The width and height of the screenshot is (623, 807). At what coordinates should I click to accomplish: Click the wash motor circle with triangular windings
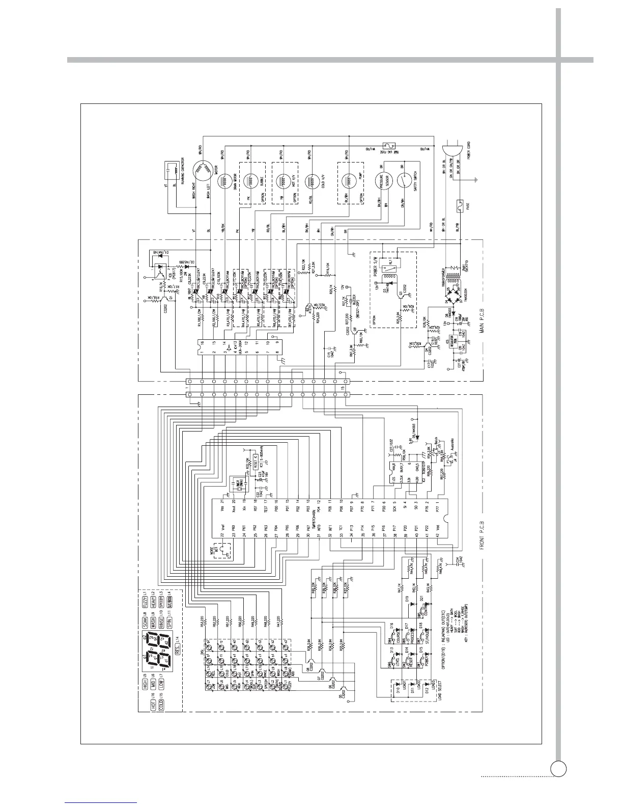pos(202,168)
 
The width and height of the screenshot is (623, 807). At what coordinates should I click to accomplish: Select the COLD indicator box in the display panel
pos(161,705)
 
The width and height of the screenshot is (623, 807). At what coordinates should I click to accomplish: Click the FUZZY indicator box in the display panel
pos(145,603)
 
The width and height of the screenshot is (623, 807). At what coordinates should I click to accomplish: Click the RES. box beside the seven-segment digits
pos(178,651)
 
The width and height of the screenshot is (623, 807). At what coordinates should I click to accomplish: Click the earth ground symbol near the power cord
pos(474,180)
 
